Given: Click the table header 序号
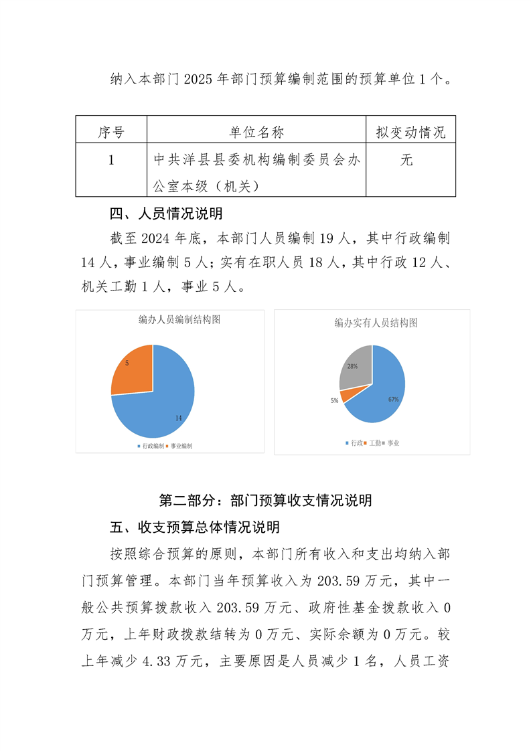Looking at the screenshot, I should coord(111,132).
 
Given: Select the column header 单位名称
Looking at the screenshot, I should coord(256,132).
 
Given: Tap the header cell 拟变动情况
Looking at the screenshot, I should coord(410,132).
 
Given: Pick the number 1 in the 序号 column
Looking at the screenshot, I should coord(111,161).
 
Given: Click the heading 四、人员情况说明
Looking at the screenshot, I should coord(166,214).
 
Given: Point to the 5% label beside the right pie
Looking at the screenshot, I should coord(333,400).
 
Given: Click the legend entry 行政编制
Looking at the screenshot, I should coord(151,446).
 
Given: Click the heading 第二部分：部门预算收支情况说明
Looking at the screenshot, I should coord(265,500).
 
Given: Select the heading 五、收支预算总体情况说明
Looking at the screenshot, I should coord(195,527).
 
